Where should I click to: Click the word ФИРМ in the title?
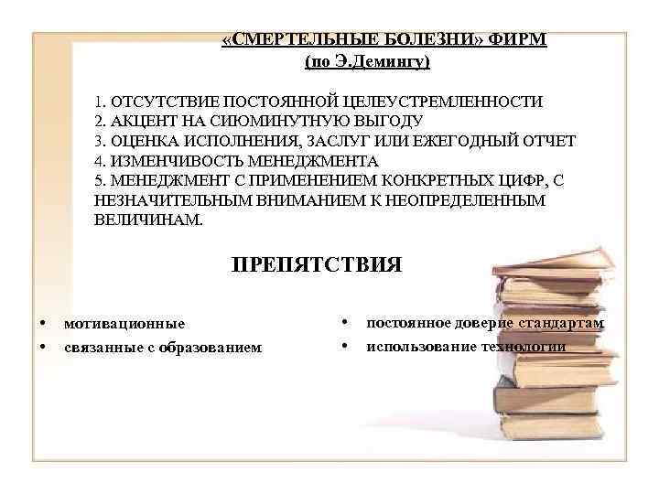click(519, 42)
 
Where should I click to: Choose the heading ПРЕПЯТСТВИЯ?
click(316, 265)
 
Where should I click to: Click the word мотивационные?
click(124, 323)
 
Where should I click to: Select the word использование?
click(416, 347)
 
